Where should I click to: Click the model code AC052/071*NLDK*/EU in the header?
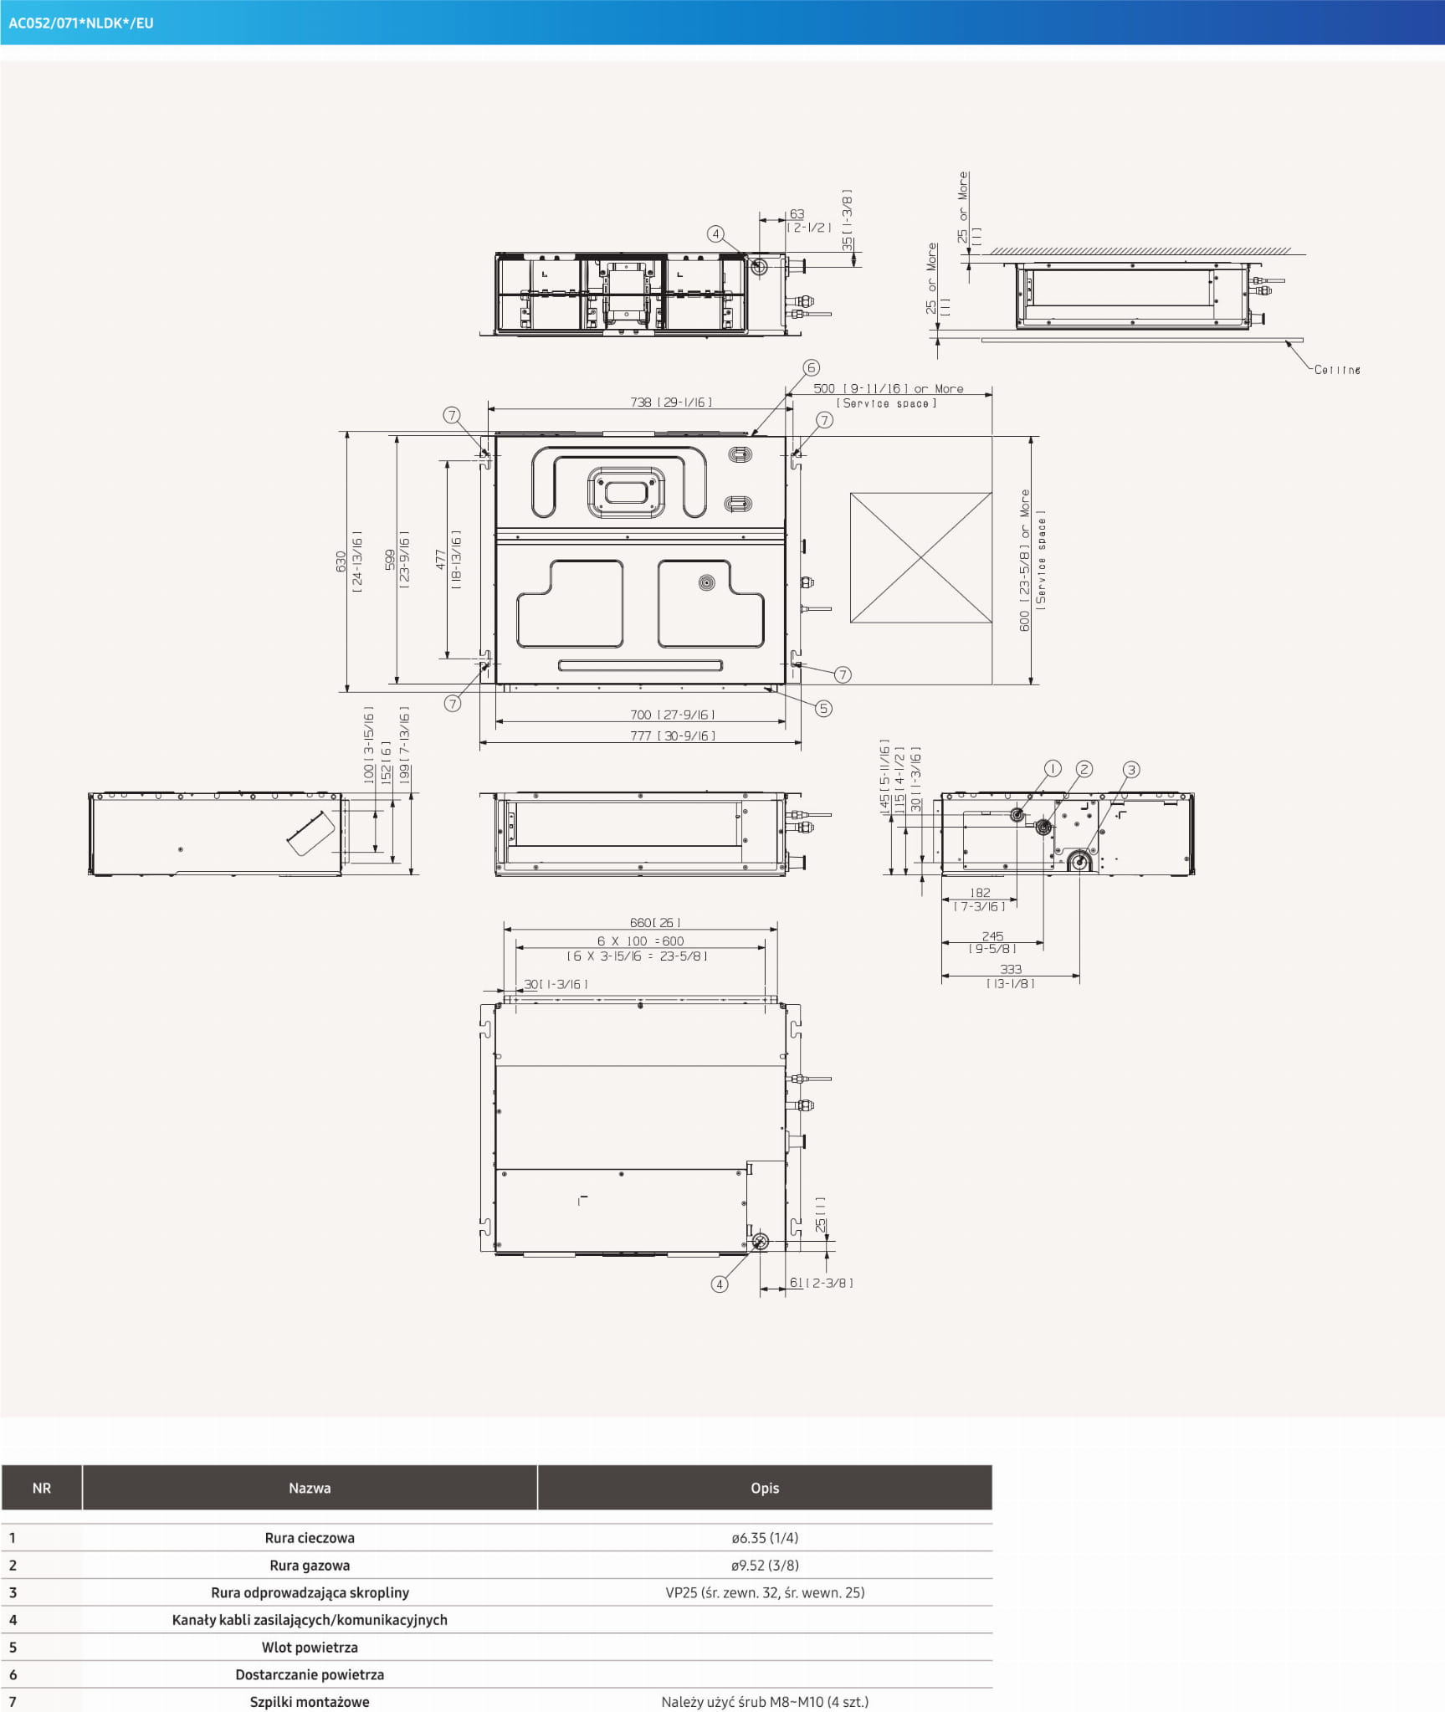coord(81,23)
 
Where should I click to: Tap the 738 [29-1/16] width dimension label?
coord(671,402)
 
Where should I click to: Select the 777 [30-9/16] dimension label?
coord(673,736)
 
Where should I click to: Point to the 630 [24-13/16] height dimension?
coord(349,561)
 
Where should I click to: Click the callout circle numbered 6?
coord(811,367)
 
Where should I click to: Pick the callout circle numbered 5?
coord(823,709)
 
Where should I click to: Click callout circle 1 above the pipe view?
coord(1053,768)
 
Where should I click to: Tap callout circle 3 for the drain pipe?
coord(1131,770)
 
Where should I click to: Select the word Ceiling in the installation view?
coord(1337,370)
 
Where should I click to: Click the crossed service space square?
coord(921,557)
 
